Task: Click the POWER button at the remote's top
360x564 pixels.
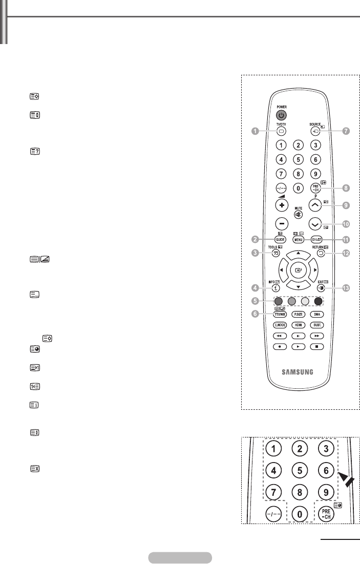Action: tap(281, 115)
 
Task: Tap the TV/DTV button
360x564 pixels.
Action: tap(281, 131)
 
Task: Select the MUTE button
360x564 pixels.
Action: tap(298, 214)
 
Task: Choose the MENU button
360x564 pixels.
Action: tap(299, 239)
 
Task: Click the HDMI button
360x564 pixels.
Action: tap(299, 325)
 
